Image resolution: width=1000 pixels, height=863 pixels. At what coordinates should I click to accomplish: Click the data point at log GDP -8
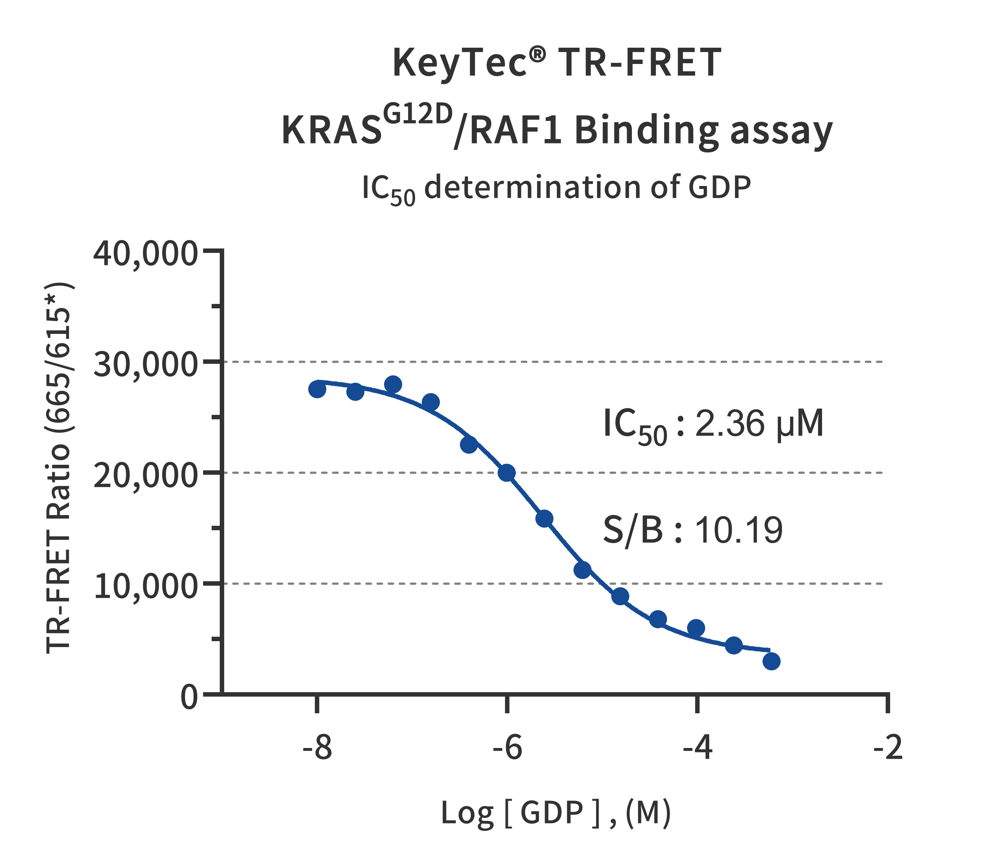[x=317, y=389]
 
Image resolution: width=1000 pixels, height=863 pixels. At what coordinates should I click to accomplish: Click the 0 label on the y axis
[x=189, y=697]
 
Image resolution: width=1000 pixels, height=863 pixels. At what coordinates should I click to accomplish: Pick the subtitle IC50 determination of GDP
[x=556, y=188]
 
